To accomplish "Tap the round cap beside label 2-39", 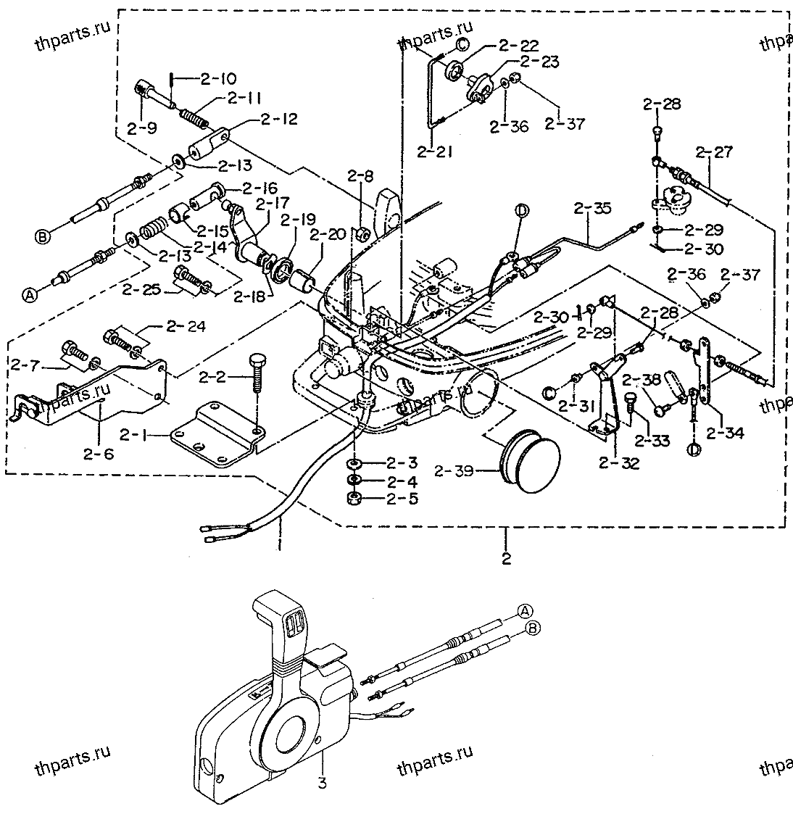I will pos(527,458).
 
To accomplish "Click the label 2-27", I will pos(714,152).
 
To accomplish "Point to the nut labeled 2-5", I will pos(355,499).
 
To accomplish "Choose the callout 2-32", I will pos(619,465).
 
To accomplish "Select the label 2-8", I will pos(360,175).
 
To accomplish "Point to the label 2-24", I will pos(185,327).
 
